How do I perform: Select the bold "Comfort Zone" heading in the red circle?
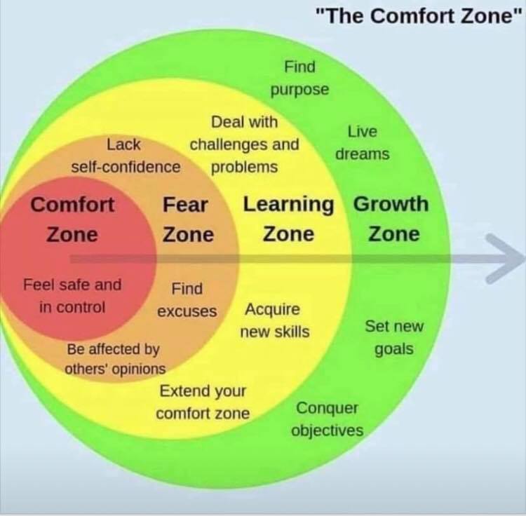[x=72, y=219]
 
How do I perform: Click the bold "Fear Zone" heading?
[x=187, y=219]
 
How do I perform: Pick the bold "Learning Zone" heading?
[x=288, y=219]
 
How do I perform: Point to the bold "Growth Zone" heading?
[x=391, y=219]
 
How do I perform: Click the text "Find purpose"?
[x=300, y=79]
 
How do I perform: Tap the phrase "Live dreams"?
[x=363, y=143]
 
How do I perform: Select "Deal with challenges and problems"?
[x=244, y=144]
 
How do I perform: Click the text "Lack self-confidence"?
[x=126, y=156]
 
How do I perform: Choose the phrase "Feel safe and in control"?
[x=72, y=296]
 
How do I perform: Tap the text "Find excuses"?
[x=187, y=300]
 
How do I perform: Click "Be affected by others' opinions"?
[x=115, y=359]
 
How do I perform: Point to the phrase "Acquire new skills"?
[x=274, y=320]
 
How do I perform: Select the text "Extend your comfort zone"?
[x=203, y=402]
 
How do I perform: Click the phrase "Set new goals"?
[x=394, y=338]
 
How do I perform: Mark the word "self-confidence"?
[x=126, y=167]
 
